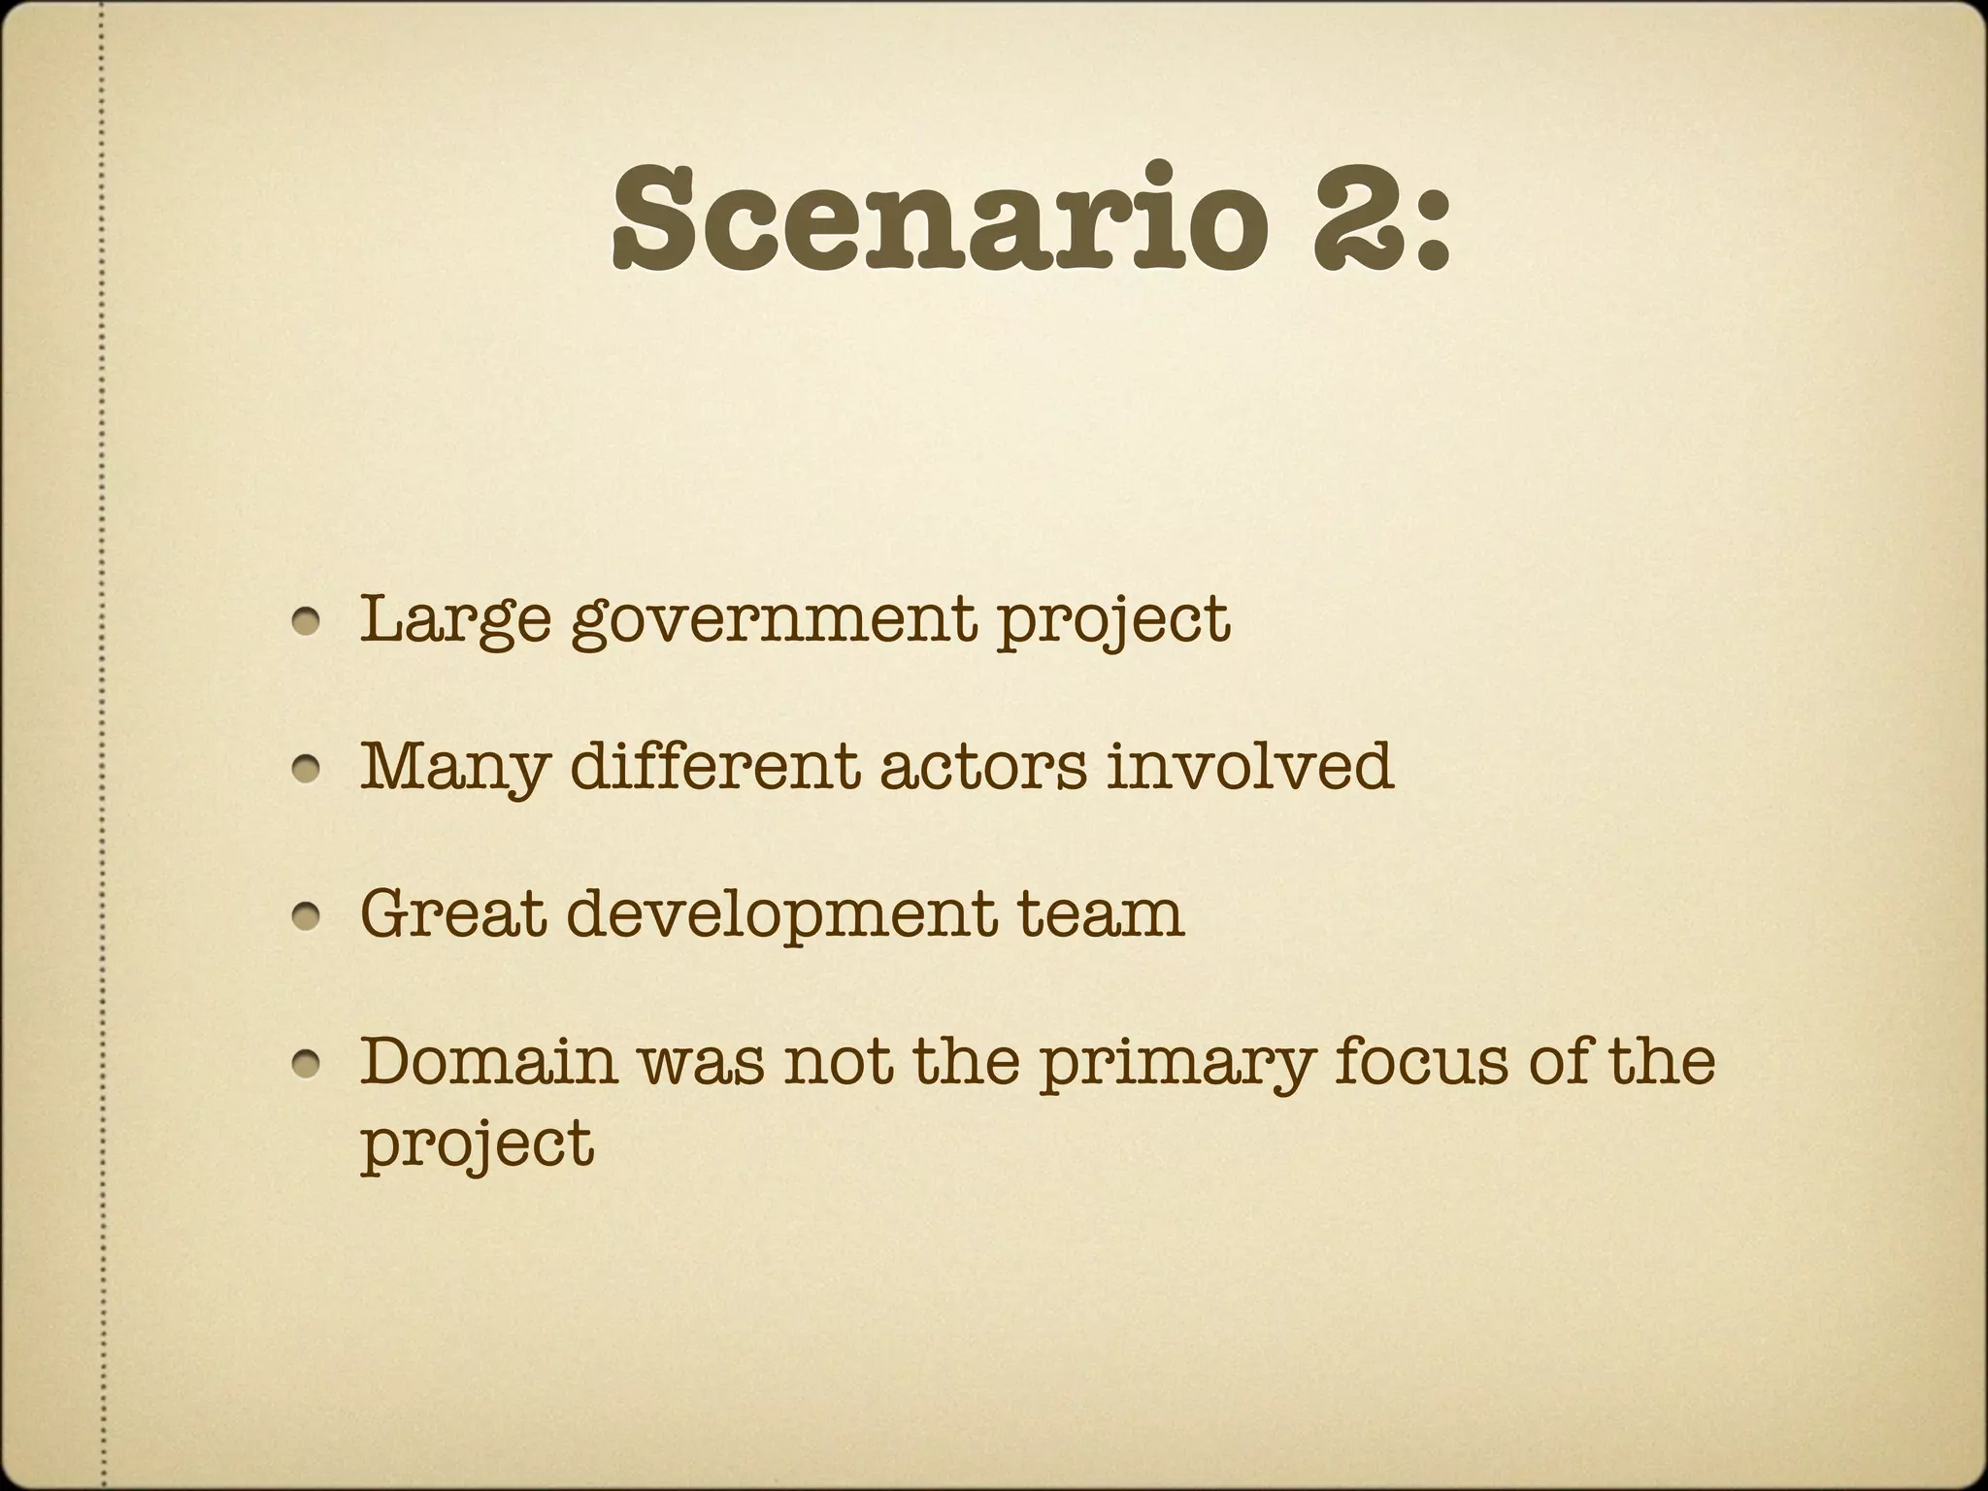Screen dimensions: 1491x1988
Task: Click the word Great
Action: coord(452,914)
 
